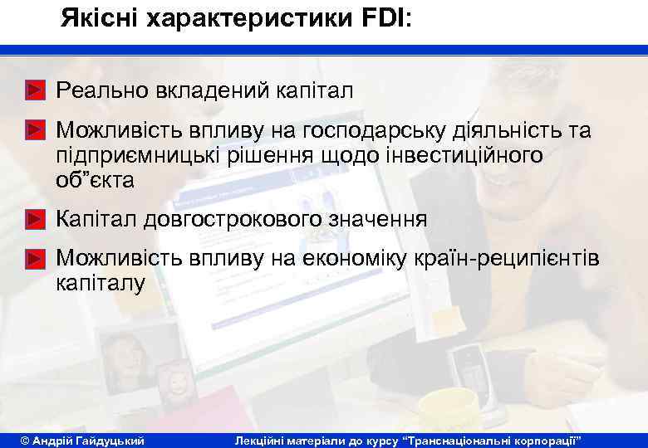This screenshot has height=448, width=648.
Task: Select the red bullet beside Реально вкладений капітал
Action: [34, 89]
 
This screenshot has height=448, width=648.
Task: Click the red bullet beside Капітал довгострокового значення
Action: [34, 220]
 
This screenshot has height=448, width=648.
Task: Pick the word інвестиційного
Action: [464, 155]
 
